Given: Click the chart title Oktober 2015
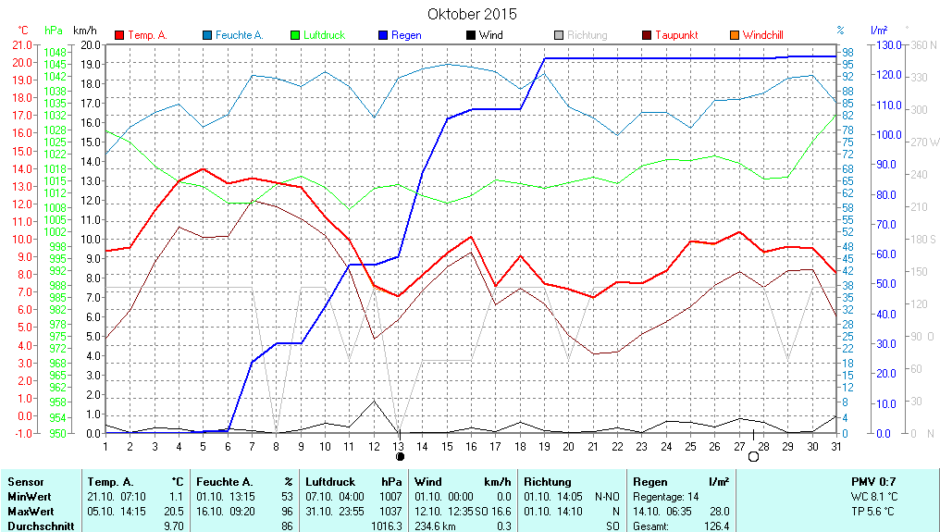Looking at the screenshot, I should pyautogui.click(x=472, y=14).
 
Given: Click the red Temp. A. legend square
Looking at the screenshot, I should pyautogui.click(x=119, y=35).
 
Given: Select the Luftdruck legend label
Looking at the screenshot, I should pyautogui.click(x=324, y=35).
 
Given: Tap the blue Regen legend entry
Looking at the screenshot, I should pyautogui.click(x=406, y=35).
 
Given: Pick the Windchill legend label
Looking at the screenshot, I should pyautogui.click(x=762, y=35).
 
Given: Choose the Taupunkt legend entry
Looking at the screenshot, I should pyautogui.click(x=676, y=35).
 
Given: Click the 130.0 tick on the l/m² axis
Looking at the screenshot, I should pyautogui.click(x=887, y=44).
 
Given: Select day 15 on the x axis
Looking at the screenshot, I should pyautogui.click(x=448, y=446).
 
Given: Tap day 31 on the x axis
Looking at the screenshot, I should pyautogui.click(x=835, y=446).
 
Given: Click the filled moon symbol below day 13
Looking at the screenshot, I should pyautogui.click(x=400, y=456).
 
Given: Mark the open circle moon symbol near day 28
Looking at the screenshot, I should pyautogui.click(x=753, y=456).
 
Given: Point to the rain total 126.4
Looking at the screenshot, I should pyautogui.click(x=716, y=526).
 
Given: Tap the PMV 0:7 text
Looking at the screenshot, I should pyautogui.click(x=872, y=482).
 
